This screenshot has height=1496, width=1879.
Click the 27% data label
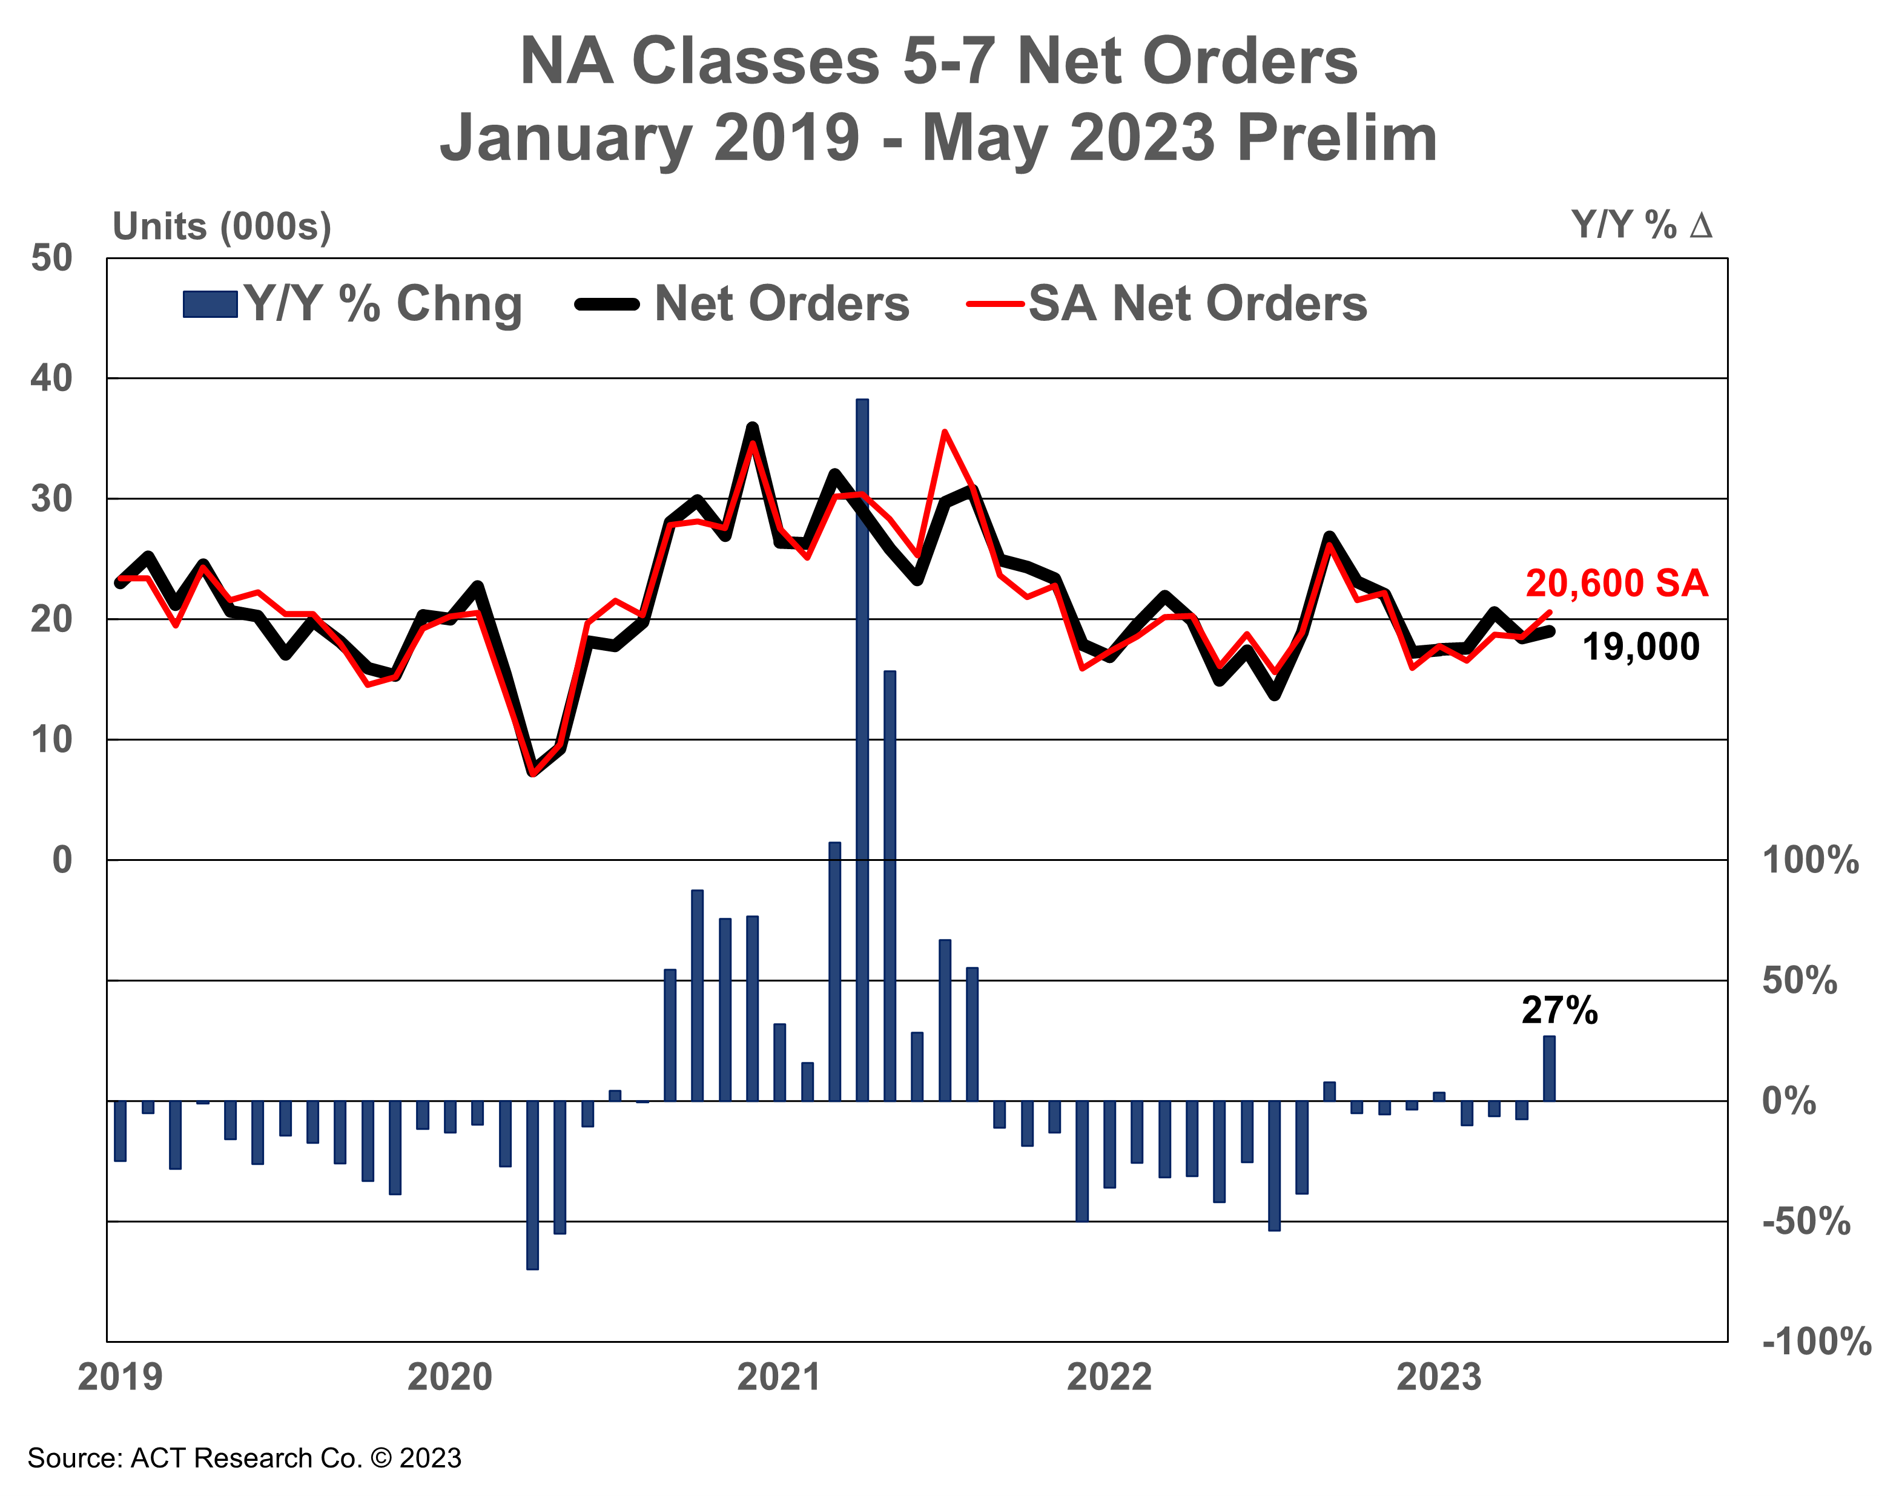pos(1559,1010)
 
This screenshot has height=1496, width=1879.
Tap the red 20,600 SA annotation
pos(1617,584)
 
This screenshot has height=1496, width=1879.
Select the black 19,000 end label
pos(1640,647)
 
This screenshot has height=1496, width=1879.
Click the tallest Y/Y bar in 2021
pos(862,750)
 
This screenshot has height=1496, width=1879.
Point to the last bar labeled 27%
pos(1549,1068)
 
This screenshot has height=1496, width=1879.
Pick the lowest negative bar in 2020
pos(532,1184)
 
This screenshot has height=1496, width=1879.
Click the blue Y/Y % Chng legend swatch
pos(210,304)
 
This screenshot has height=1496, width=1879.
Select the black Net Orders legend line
pos(607,304)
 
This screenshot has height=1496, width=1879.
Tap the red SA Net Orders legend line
pos(994,304)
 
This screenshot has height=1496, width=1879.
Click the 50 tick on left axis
pos(51,259)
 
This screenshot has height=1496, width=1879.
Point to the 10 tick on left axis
pos(51,740)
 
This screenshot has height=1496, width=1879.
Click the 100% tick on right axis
pos(1810,861)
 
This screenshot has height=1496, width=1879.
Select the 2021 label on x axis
pos(779,1377)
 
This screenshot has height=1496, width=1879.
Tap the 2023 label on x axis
pos(1439,1377)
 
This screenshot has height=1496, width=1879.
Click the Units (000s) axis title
pos(222,226)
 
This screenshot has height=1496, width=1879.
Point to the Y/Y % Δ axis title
pos(1641,226)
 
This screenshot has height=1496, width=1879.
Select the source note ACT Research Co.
pos(244,1458)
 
